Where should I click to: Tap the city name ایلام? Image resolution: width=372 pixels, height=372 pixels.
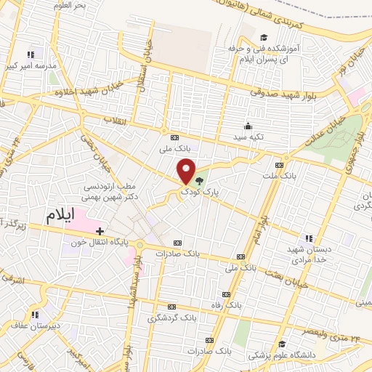coord(60,215)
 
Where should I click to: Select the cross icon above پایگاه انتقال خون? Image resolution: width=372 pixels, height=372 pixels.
coord(100,230)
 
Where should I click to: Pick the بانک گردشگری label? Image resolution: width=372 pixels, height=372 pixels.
coord(172,318)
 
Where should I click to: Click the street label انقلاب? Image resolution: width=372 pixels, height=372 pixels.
coord(116,119)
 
